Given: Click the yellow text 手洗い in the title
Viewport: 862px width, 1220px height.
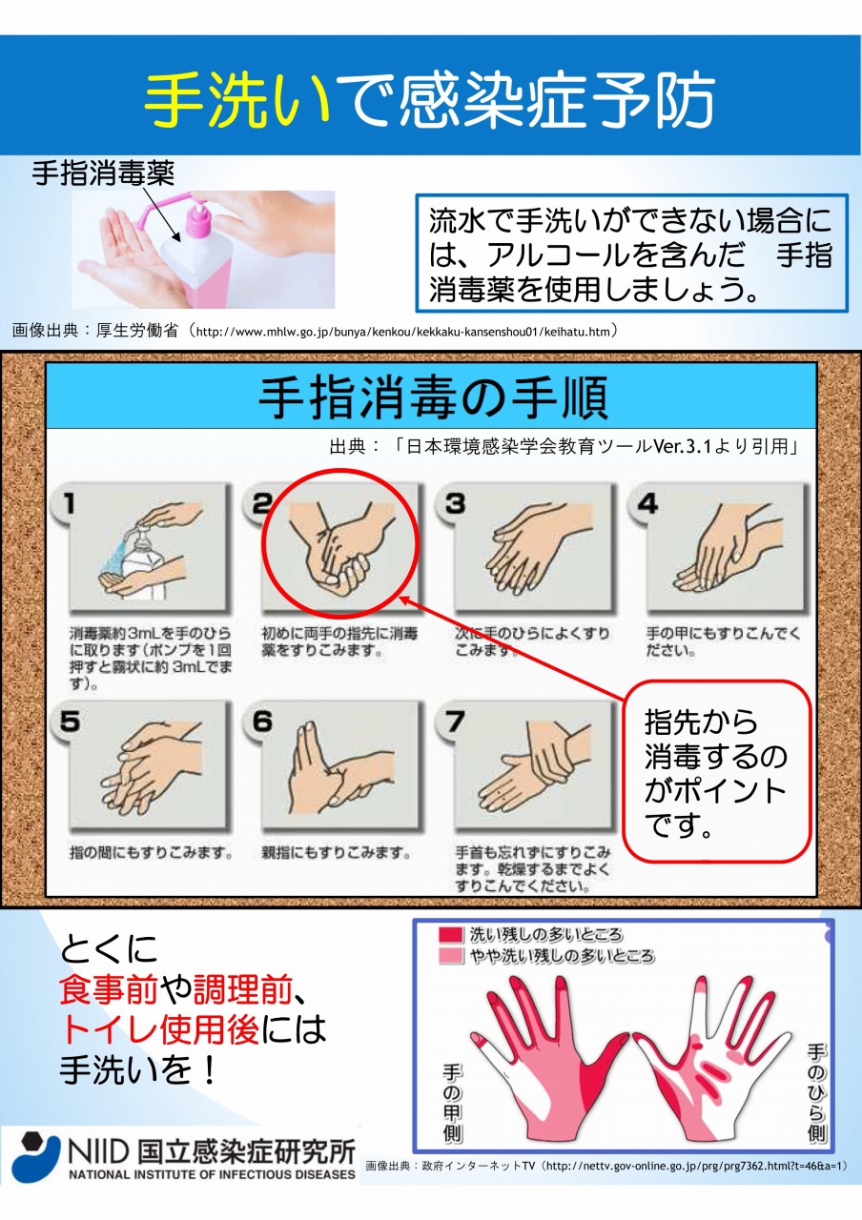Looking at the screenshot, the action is (238, 101).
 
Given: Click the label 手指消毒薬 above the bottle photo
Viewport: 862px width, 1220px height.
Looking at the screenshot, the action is (103, 174).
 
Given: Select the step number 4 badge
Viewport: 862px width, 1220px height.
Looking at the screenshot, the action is (647, 503).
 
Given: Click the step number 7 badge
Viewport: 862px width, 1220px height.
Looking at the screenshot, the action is (455, 722).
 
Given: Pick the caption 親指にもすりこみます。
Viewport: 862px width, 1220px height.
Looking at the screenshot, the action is (337, 852).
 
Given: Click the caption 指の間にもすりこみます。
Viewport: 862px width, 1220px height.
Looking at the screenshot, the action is (151, 852).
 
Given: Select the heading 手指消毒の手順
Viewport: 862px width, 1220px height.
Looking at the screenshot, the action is (433, 397).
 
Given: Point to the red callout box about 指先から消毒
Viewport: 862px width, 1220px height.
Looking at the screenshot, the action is (717, 771).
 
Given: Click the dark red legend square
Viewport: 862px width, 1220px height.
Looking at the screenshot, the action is (451, 935).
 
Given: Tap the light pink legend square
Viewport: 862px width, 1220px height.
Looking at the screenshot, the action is (451, 956).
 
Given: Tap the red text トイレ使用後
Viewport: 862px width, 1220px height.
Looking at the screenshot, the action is (159, 1028).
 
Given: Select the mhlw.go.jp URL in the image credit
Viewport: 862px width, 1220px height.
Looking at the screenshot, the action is (403, 331).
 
